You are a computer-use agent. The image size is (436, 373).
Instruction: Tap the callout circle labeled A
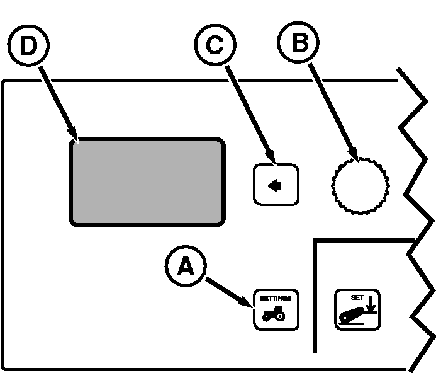tap(185, 267)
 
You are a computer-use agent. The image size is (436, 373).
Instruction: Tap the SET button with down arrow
tap(357, 309)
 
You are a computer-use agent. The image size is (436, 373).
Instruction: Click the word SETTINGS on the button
tap(276, 297)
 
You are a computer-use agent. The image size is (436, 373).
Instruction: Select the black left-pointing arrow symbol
tap(274, 185)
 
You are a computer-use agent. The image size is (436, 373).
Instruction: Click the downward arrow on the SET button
tap(371, 306)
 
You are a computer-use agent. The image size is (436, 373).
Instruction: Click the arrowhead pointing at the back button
tap(271, 159)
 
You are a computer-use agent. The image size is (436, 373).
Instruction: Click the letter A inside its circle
tap(185, 267)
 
